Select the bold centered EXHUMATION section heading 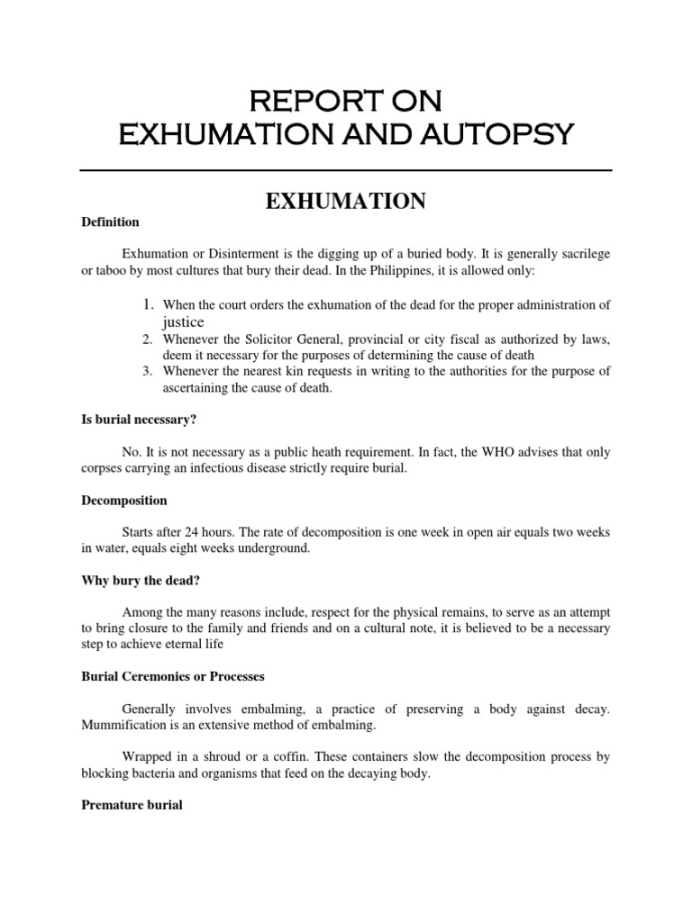pos(345,202)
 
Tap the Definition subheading pos(110,221)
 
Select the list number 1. pos(148,304)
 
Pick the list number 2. pos(148,339)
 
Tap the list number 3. pos(148,372)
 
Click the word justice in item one pos(184,321)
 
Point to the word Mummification pos(124,724)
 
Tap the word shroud pos(233,757)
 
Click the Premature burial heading pos(132,805)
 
